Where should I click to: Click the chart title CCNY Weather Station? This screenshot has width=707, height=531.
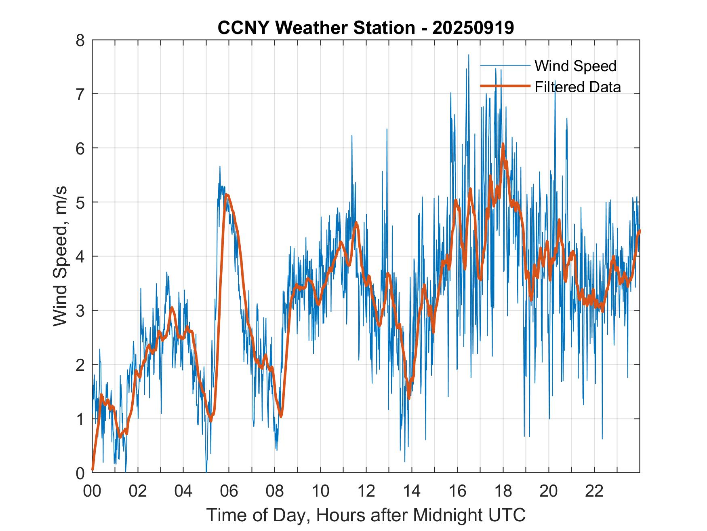tap(316, 28)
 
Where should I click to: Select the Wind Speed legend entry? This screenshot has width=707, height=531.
tap(575, 66)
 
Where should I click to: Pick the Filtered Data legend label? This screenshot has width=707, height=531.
tap(577, 87)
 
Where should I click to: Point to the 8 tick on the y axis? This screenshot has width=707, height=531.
tap(84, 40)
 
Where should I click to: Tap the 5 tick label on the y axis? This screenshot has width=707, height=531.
tap(84, 202)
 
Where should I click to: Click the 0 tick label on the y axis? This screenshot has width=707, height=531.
tap(84, 473)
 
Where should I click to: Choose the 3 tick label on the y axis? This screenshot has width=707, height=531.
tap(84, 311)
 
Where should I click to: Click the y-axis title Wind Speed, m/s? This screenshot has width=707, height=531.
tap(60, 256)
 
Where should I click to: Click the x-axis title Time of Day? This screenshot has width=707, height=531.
tap(366, 515)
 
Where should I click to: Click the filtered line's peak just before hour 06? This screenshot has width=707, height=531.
tap(227, 195)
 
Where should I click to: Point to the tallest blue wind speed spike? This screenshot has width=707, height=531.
tap(468, 55)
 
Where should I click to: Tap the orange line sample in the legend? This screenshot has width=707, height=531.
tap(505, 86)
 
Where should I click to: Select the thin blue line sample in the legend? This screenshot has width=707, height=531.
tap(505, 66)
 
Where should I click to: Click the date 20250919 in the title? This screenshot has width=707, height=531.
tap(473, 28)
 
